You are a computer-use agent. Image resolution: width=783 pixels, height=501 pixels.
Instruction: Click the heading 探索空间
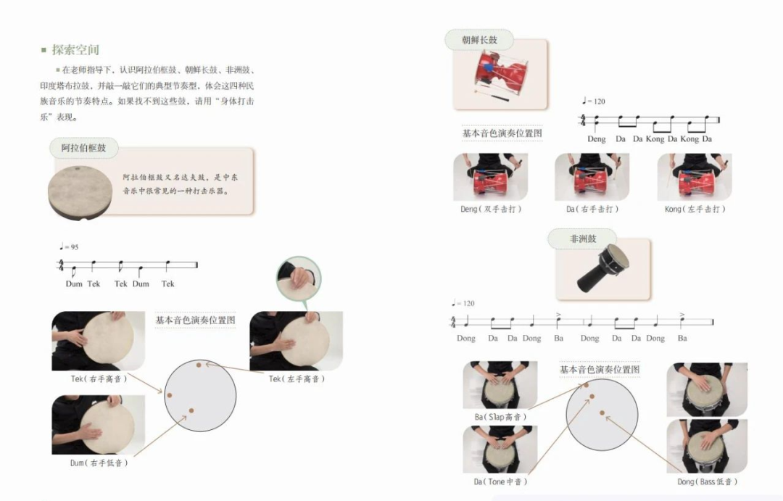(75, 50)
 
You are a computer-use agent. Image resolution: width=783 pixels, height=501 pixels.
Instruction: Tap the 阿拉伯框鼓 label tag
(83, 148)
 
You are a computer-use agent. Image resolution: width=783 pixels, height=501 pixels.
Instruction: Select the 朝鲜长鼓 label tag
(479, 40)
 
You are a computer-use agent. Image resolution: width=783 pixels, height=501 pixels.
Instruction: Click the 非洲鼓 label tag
(583, 239)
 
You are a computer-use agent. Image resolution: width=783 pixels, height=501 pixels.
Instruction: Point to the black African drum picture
(603, 268)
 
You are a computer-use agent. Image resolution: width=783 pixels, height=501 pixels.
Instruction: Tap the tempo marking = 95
(69, 247)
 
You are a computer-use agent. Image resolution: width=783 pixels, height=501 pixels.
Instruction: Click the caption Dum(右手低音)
(99, 463)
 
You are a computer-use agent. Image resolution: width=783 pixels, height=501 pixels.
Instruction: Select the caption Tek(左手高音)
(297, 379)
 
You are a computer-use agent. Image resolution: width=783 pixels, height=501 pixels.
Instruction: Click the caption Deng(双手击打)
(491, 210)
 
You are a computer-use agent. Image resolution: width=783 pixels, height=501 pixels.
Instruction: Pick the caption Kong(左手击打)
(695, 210)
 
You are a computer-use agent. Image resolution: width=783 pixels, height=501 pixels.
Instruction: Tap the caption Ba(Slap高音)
(500, 417)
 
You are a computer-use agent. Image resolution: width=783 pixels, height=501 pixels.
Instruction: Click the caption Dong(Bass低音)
(707, 481)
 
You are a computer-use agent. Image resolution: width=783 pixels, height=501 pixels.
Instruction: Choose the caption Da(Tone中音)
(500, 481)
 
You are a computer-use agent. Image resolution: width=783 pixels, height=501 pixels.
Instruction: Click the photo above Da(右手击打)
(592, 177)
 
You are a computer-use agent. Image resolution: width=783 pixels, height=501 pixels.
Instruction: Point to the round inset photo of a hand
(299, 279)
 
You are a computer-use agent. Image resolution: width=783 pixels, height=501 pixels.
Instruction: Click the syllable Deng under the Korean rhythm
(596, 139)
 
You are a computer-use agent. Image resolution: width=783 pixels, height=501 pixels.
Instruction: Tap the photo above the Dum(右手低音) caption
(99, 425)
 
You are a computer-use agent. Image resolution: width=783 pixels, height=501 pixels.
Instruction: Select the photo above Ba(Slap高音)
(500, 385)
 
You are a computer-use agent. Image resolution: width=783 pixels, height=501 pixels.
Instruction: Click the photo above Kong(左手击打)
(694, 177)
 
